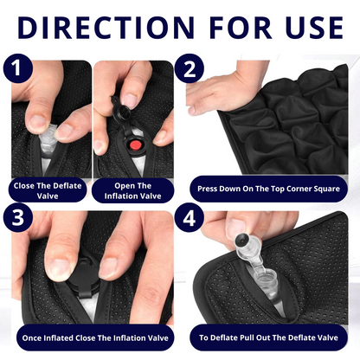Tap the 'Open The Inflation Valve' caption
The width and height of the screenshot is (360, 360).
[132, 190]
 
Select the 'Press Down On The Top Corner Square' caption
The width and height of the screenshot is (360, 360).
[267, 186]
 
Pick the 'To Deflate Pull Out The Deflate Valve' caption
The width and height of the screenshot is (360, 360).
[267, 336]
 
